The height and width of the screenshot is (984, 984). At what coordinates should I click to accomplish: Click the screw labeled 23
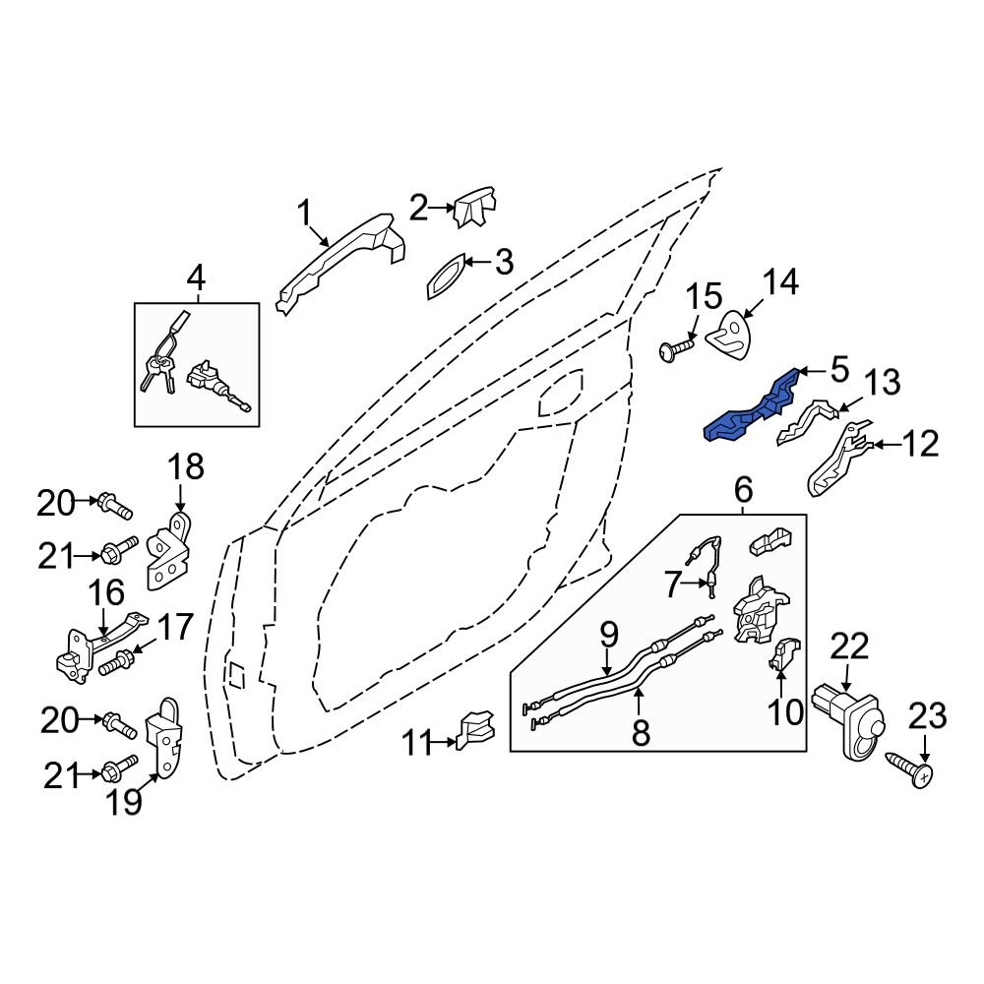pyautogui.click(x=911, y=773)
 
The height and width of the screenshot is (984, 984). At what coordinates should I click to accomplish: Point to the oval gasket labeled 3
pyautogui.click(x=446, y=274)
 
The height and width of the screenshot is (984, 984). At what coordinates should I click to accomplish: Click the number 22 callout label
pyautogui.click(x=850, y=646)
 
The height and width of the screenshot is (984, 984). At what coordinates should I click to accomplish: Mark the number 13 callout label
pyautogui.click(x=882, y=383)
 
